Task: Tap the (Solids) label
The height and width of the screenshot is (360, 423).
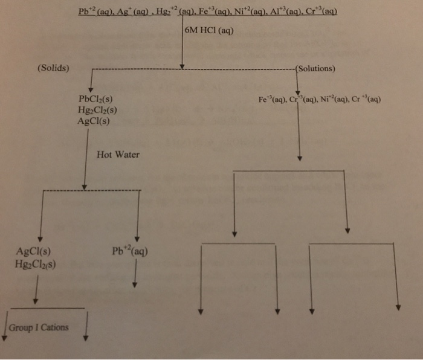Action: (x=53, y=68)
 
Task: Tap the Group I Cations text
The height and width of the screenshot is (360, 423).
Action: (x=39, y=327)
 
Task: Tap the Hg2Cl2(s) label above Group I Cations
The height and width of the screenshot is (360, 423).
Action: (x=34, y=263)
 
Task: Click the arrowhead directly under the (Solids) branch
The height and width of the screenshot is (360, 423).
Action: (x=91, y=86)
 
